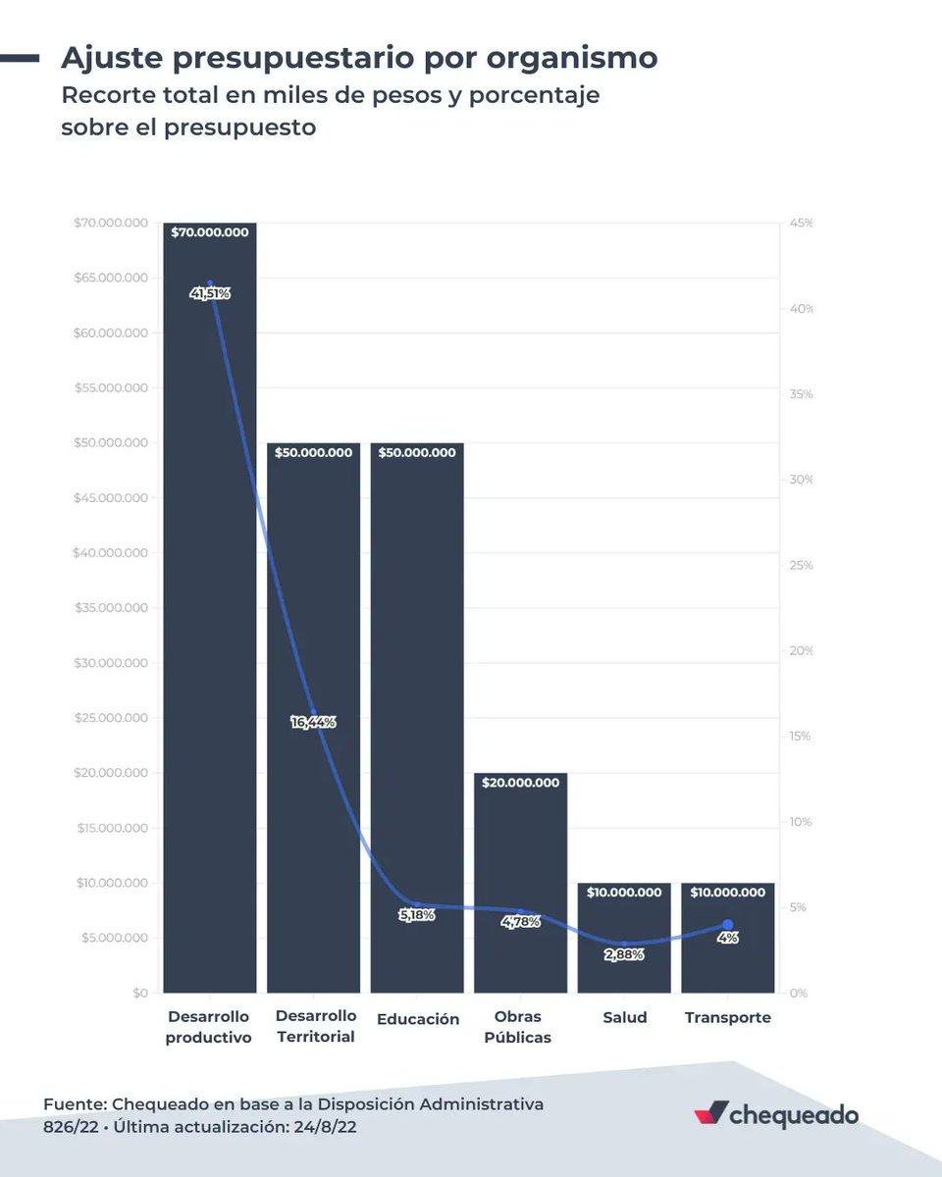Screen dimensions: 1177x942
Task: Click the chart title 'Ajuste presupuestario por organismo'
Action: click(359, 58)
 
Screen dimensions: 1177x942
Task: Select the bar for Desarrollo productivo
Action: click(210, 638)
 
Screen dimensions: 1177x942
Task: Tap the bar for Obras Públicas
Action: click(520, 863)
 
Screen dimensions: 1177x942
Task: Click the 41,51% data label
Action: click(210, 293)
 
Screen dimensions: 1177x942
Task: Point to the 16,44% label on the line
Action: click(313, 722)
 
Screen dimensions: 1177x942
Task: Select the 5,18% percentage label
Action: click(417, 915)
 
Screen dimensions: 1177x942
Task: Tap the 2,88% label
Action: click(624, 954)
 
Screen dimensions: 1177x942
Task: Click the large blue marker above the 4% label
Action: click(727, 925)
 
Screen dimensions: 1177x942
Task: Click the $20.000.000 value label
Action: click(520, 783)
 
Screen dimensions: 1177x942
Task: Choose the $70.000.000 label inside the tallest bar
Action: click(210, 233)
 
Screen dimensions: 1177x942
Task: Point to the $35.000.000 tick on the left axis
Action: click(111, 608)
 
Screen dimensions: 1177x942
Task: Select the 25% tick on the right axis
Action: click(801, 566)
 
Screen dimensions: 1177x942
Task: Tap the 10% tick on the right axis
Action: click(801, 822)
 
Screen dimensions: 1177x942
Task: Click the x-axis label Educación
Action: click(417, 1019)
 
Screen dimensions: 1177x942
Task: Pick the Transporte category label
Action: click(727, 1018)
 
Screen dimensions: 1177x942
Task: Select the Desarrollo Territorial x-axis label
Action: click(314, 1027)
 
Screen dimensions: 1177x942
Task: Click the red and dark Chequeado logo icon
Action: click(711, 1114)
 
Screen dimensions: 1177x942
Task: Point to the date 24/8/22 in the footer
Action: click(323, 1128)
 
